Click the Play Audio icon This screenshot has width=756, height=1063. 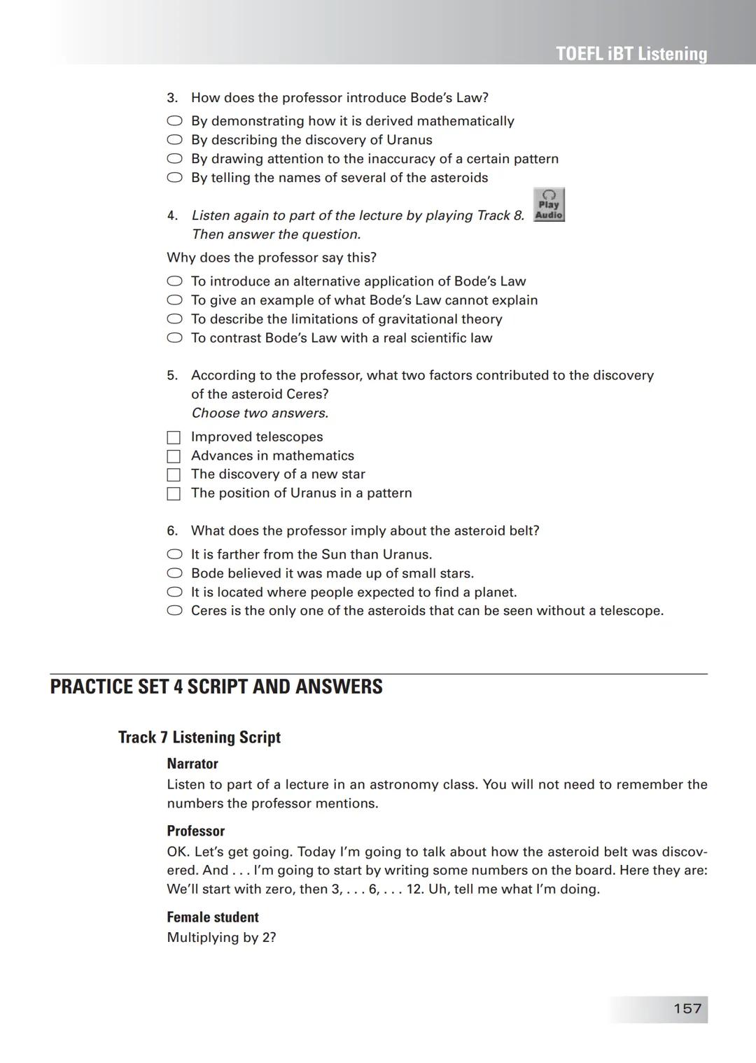[549, 205]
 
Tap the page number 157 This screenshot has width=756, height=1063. [687, 1008]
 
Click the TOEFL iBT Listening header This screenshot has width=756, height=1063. [631, 54]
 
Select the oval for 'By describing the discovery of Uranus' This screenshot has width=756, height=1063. [174, 140]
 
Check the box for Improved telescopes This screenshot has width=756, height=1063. [174, 437]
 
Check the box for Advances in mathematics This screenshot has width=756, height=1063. [174, 456]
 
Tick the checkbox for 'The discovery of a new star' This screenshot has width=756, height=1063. [174, 475]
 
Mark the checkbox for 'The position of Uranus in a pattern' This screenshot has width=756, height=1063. [174, 494]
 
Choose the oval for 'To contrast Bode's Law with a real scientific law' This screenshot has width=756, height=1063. [174, 338]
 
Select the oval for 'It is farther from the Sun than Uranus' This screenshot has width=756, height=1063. [174, 554]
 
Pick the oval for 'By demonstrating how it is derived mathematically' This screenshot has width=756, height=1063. [174, 121]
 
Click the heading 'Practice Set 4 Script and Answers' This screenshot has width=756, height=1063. [216, 687]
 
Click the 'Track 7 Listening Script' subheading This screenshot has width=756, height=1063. [199, 737]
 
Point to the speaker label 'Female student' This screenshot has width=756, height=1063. [213, 917]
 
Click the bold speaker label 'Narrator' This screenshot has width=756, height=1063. [192, 763]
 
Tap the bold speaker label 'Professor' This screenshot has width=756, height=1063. [196, 831]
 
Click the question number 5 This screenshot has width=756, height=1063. [172, 376]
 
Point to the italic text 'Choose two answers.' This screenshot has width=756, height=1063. [260, 413]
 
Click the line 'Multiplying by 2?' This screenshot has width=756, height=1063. [221, 937]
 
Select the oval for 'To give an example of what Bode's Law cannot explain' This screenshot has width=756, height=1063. [174, 300]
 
